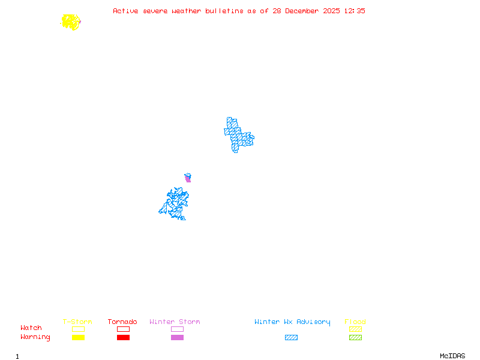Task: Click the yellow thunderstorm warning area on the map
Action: coord(71,22)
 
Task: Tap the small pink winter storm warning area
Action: coord(188,178)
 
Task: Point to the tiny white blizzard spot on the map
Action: coord(251,133)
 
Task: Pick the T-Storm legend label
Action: coord(77,322)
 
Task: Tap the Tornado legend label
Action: coord(122,322)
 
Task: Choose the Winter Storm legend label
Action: coord(175,322)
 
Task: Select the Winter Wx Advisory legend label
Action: coord(292,322)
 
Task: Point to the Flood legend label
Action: coord(355,322)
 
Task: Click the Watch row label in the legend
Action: coord(31,328)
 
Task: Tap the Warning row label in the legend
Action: coord(35,337)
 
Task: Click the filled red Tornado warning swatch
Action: coord(123,338)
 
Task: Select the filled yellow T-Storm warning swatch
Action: coord(78,338)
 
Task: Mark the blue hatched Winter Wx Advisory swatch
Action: coord(291,338)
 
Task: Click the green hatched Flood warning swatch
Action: coord(355,338)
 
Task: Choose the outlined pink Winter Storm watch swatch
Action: coord(177,329)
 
